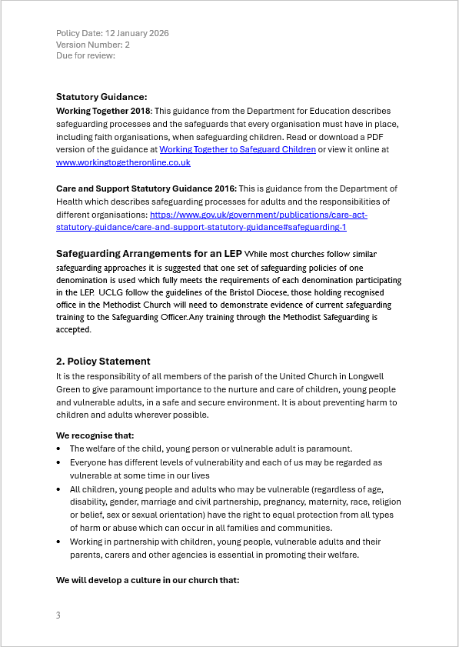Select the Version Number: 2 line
[93, 45]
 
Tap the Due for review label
[85, 55]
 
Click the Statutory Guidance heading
[101, 97]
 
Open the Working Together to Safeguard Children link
[238, 149]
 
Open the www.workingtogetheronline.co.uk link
[123, 162]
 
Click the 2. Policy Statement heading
[103, 362]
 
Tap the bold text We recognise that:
[95, 435]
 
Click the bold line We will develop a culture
[148, 580]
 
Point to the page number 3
[58, 615]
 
